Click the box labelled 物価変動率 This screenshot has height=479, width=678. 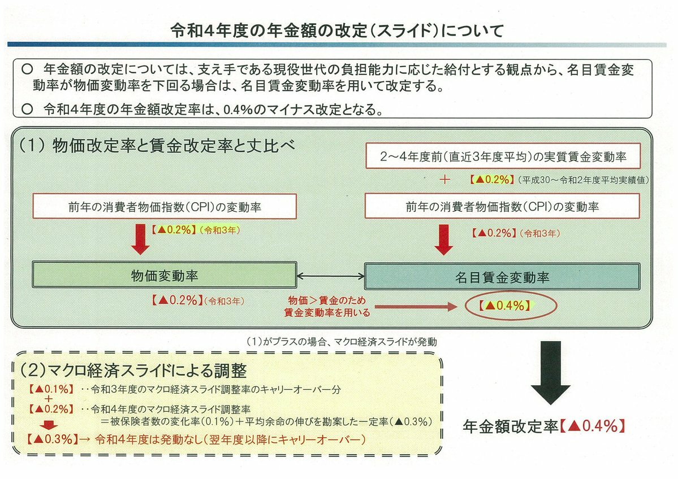[x=165, y=276]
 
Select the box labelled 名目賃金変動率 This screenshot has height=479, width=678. [x=502, y=276]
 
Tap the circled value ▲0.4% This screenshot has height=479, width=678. [x=504, y=306]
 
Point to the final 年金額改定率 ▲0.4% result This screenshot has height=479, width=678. [x=544, y=426]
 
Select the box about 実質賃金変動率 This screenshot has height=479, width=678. [x=503, y=155]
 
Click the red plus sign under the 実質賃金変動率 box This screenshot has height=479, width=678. [x=444, y=180]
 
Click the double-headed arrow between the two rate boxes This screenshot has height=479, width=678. [x=331, y=276]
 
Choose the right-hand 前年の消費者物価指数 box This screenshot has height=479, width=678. [x=503, y=207]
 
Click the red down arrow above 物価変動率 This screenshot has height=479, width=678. [x=139, y=240]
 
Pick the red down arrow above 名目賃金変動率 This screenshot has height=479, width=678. [x=445, y=241]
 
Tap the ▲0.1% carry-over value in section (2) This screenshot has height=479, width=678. [x=49, y=389]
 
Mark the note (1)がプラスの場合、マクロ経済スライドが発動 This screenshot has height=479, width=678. [x=342, y=342]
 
